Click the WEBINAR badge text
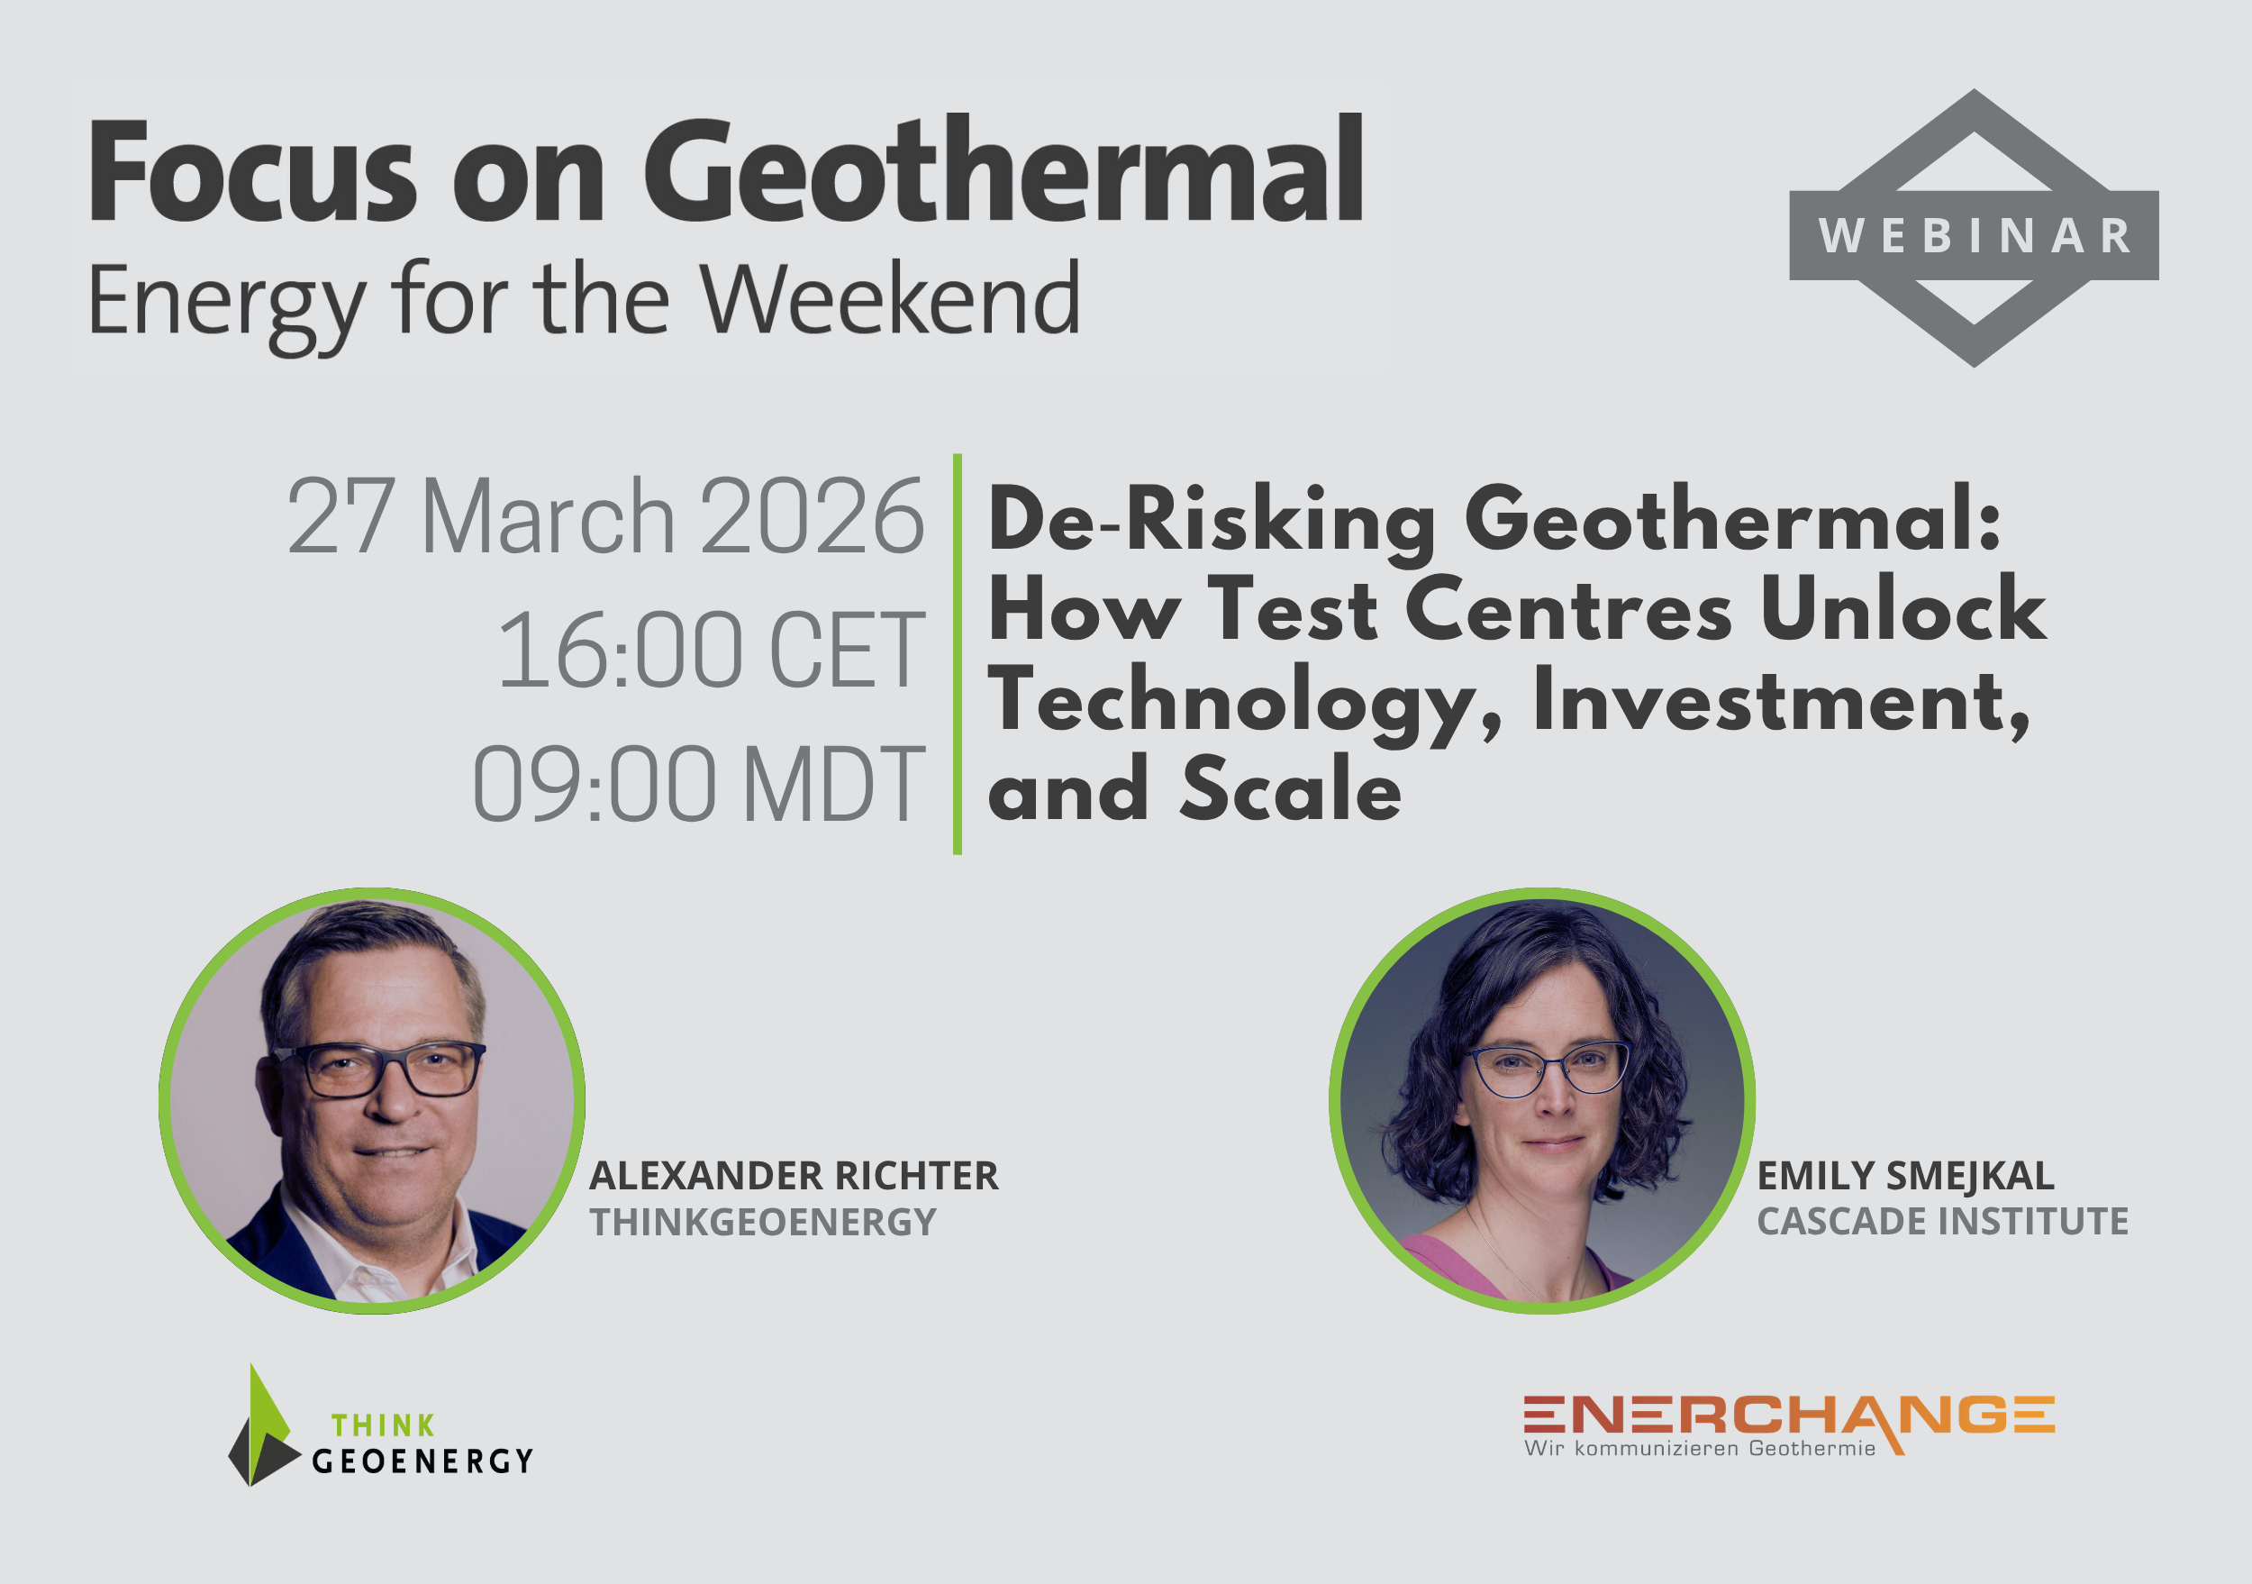pyautogui.click(x=1975, y=235)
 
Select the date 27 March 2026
pyautogui.click(x=605, y=516)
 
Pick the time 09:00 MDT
pyautogui.click(x=698, y=784)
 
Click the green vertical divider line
pyautogui.click(x=958, y=654)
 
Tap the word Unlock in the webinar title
pyautogui.click(x=1902, y=609)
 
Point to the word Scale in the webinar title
pyautogui.click(x=1291, y=789)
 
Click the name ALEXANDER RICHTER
pyautogui.click(x=794, y=1176)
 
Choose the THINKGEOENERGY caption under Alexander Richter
pyautogui.click(x=763, y=1222)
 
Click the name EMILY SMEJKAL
pyautogui.click(x=1905, y=1176)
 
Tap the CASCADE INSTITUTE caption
pyautogui.click(x=1942, y=1221)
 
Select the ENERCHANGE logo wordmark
pyautogui.click(x=1789, y=1415)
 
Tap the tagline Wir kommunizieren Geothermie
pyautogui.click(x=1700, y=1449)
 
